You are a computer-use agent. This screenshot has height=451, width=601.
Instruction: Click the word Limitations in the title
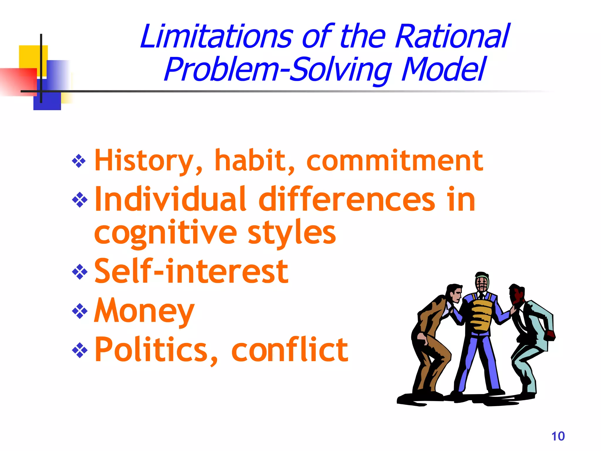click(217, 36)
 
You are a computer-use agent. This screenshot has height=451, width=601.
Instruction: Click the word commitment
click(394, 161)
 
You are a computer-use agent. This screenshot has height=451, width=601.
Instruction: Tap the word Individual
click(170, 200)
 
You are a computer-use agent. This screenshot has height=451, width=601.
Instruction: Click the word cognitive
click(165, 233)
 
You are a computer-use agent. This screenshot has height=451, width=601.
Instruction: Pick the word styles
click(292, 233)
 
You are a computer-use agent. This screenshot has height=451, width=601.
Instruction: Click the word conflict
click(289, 350)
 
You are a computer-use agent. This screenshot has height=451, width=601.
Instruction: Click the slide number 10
click(558, 436)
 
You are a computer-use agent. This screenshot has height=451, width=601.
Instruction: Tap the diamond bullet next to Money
click(80, 311)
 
